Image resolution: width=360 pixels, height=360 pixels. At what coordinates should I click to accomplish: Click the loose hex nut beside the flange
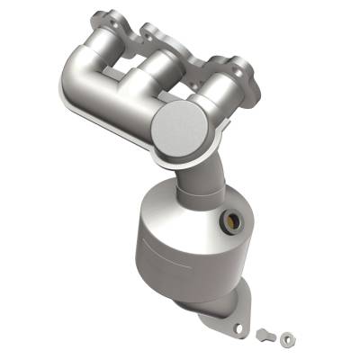pos(286,337)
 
